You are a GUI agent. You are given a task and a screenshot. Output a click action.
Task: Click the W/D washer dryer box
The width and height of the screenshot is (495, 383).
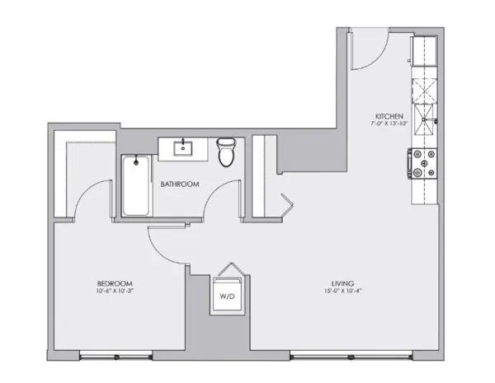point(225,295)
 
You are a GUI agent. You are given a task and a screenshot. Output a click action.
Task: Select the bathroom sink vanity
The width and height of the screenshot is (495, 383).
point(182,149)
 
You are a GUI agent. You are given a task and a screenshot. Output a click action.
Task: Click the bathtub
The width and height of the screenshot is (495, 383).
point(134,186)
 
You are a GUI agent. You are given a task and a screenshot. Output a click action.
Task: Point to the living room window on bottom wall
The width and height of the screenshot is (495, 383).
point(351,356)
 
